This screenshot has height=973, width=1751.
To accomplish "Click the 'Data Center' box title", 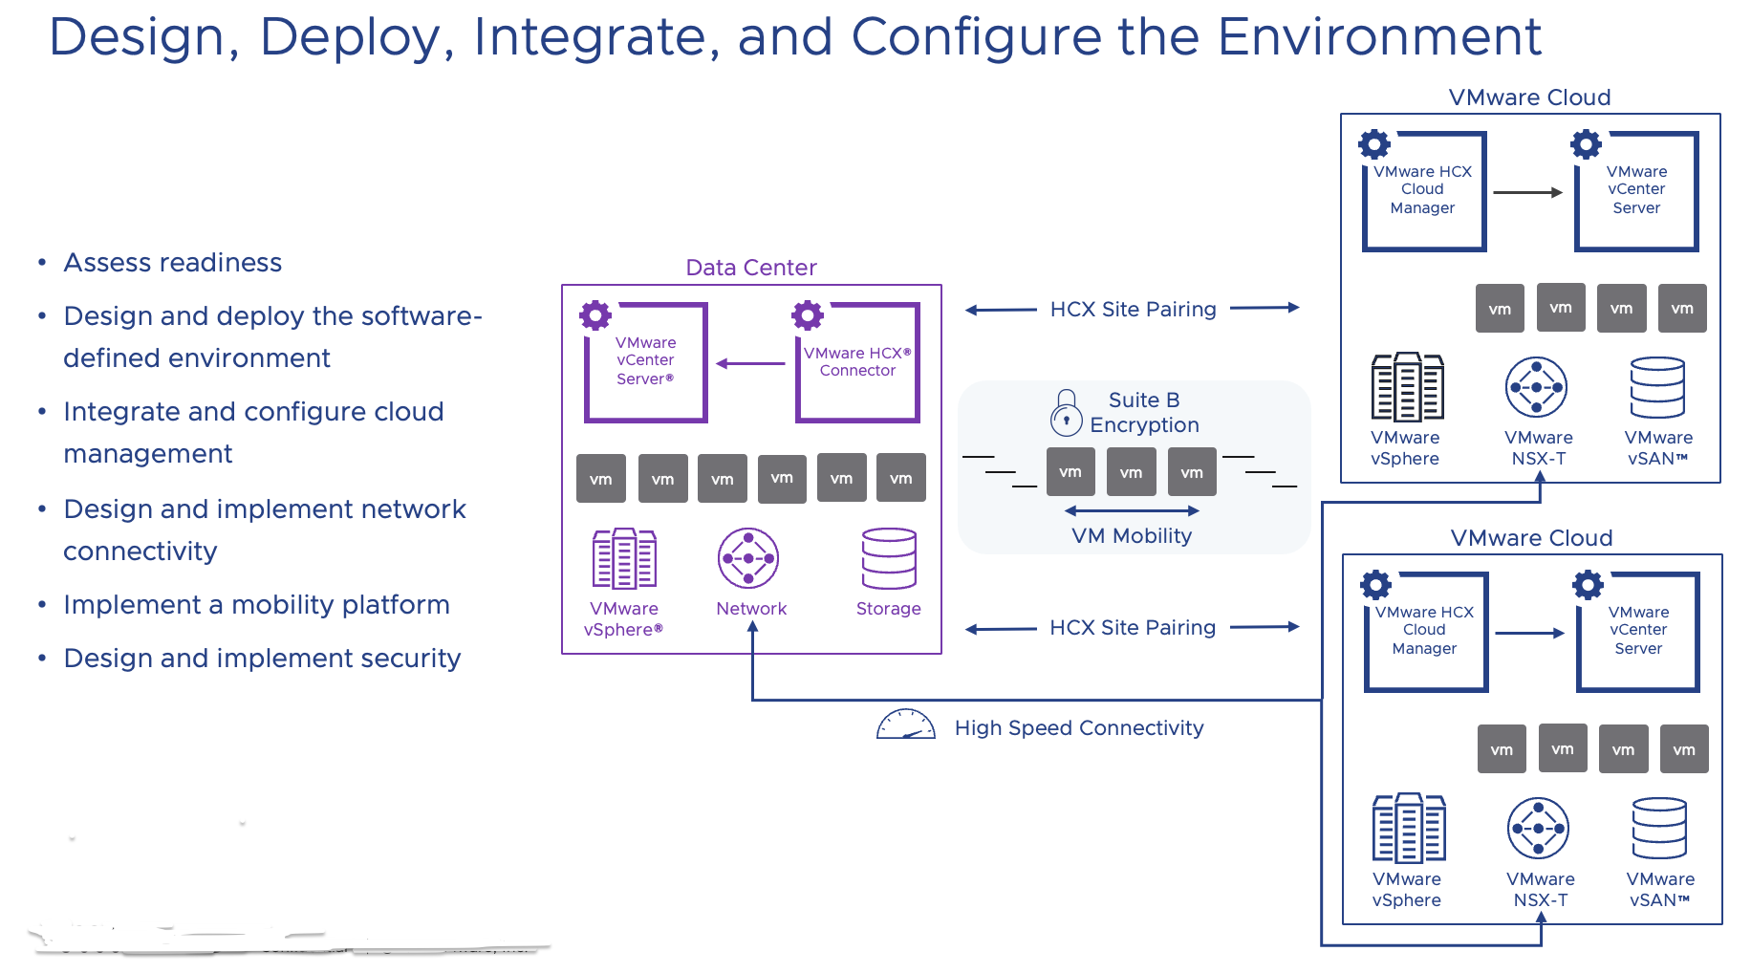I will pyautogui.click(x=751, y=268).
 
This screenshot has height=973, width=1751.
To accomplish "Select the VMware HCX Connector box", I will pyautogui.click(x=857, y=362).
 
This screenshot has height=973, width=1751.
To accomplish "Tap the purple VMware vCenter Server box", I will pyautogui.click(x=645, y=362).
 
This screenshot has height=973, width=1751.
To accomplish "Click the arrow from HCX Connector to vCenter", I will pyautogui.click(x=750, y=363).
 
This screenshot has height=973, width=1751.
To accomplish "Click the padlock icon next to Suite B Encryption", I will pyautogui.click(x=1067, y=412).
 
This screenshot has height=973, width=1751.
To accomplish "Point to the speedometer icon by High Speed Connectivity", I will pyautogui.click(x=905, y=725).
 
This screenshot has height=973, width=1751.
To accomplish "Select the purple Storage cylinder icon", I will pyautogui.click(x=889, y=558).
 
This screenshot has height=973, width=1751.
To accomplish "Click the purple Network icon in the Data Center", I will pyautogui.click(x=748, y=558).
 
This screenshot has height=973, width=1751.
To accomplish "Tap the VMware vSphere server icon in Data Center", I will pyautogui.click(x=624, y=558).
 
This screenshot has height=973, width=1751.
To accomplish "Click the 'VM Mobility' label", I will pyautogui.click(x=1132, y=536).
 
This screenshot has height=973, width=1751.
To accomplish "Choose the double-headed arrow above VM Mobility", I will pyautogui.click(x=1132, y=510).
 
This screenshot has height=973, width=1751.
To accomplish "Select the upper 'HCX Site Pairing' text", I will pyautogui.click(x=1133, y=310).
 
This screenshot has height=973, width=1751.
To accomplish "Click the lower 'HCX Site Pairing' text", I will pyautogui.click(x=1133, y=628).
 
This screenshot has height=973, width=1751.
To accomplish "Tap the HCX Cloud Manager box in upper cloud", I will pyautogui.click(x=1424, y=191).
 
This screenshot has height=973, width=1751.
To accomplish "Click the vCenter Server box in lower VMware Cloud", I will pyautogui.click(x=1638, y=632).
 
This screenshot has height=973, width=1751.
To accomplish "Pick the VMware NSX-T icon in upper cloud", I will pyautogui.click(x=1536, y=387).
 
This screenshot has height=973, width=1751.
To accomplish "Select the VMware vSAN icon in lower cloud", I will pyautogui.click(x=1659, y=829).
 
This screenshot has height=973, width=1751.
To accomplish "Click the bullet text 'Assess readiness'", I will pyautogui.click(x=172, y=263).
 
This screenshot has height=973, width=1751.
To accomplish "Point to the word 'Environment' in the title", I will pyautogui.click(x=1379, y=37).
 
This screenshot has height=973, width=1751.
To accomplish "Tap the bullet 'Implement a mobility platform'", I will pyautogui.click(x=256, y=605).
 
